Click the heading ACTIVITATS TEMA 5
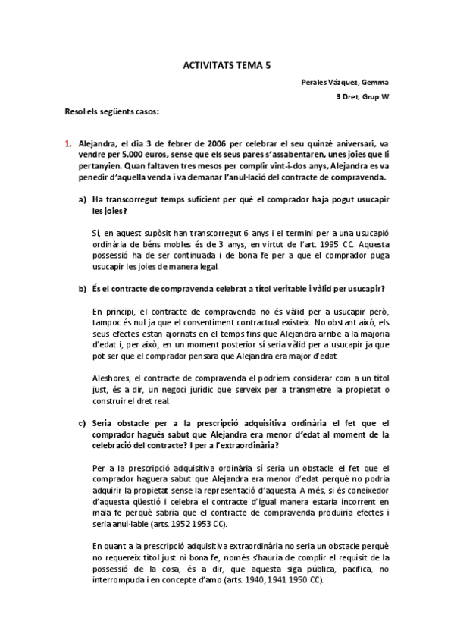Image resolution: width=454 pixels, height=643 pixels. coord(227,66)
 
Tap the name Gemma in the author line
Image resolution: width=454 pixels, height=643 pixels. coord(374,82)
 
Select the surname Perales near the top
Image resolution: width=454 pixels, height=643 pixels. coord(311,82)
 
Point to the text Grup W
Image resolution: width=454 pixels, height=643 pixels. coord(374,97)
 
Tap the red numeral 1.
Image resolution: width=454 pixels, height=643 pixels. coord(67,143)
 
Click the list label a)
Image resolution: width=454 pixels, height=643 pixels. coord(82,199)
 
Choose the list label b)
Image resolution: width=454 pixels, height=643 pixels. coord(82,288)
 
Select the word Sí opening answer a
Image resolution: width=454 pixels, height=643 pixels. coord(95,233)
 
